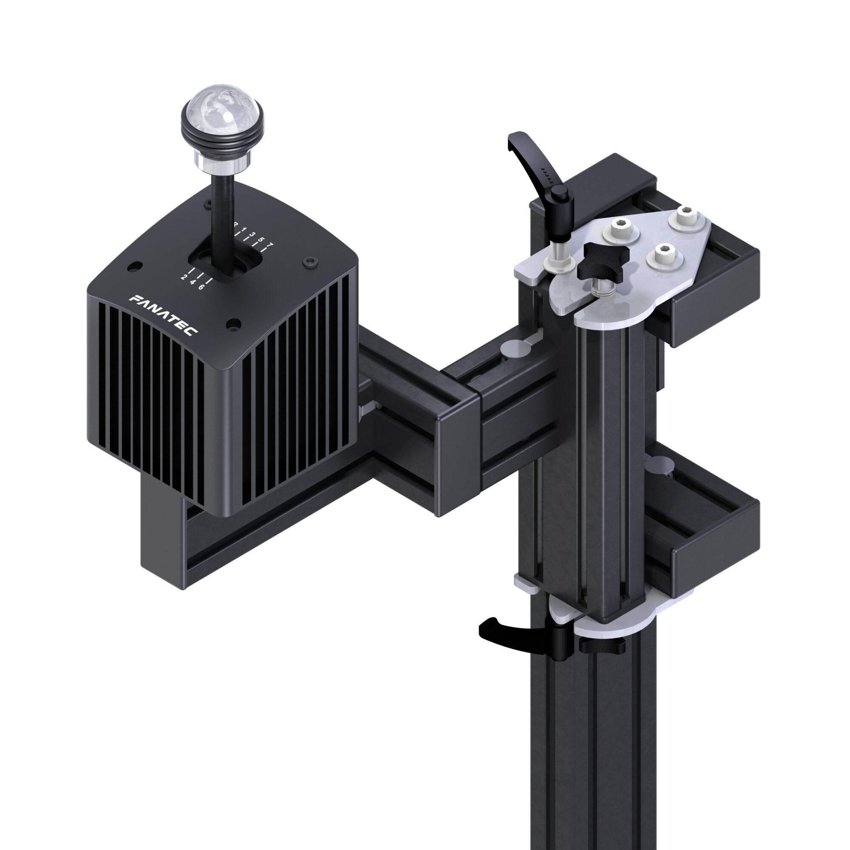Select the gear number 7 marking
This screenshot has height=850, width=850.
[x=271, y=245]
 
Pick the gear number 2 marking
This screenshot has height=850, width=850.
[x=184, y=277]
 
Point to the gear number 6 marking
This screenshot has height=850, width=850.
[x=201, y=287]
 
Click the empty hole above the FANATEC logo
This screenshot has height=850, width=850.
[x=135, y=266]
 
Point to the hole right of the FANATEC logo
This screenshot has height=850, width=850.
[x=233, y=325]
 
